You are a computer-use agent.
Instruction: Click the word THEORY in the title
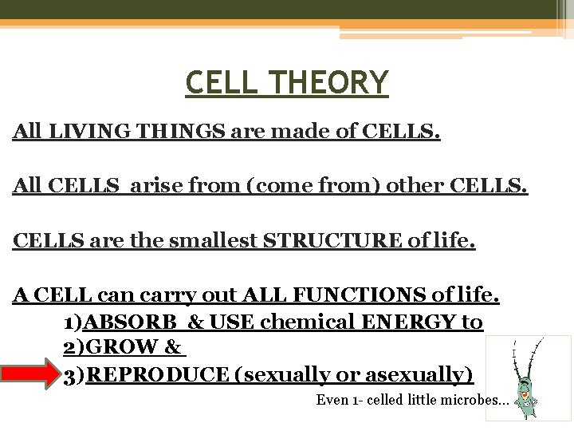[334, 82]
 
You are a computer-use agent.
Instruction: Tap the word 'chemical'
[307, 322]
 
